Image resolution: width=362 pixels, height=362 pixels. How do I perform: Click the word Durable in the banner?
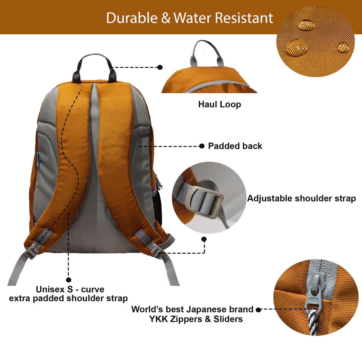(x=132, y=18)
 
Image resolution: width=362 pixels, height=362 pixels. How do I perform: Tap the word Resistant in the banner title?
(x=244, y=18)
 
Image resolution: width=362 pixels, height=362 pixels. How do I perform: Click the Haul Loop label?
(x=220, y=104)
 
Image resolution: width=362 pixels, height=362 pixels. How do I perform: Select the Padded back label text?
(x=235, y=146)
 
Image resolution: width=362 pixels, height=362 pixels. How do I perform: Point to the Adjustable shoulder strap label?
(x=301, y=198)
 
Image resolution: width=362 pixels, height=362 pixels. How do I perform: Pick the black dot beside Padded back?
(x=202, y=146)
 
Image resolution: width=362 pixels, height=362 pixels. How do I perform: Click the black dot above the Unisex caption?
(x=69, y=280)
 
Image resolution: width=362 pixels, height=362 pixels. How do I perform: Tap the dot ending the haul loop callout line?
(x=160, y=67)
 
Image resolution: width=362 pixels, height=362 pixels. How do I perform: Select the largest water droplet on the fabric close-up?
(x=297, y=48)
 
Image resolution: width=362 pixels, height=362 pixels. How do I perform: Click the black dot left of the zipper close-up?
(x=259, y=310)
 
